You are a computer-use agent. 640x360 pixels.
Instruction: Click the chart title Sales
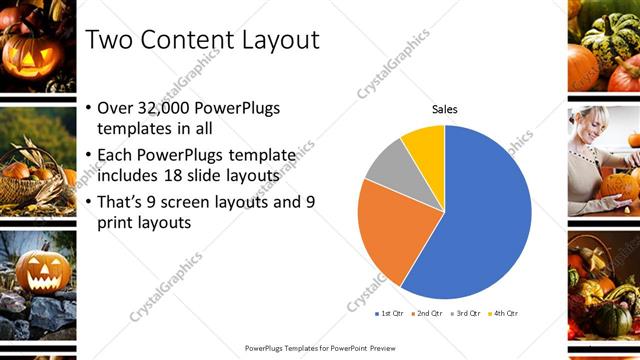(x=445, y=109)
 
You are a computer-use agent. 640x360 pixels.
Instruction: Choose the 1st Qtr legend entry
(x=390, y=313)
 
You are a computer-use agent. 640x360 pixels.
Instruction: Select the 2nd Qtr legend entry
(x=429, y=313)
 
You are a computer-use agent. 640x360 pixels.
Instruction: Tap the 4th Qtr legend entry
(x=505, y=313)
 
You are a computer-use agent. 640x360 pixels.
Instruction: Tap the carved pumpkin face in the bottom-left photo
(x=42, y=270)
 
